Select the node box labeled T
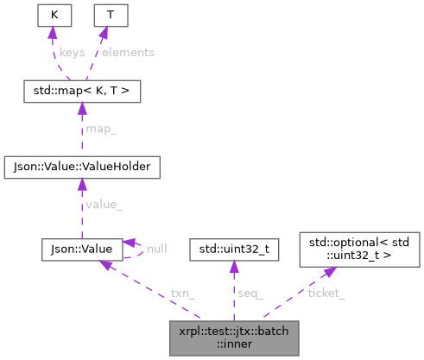109,15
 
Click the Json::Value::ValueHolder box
79,163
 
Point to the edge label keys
72,52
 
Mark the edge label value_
103,205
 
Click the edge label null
156,248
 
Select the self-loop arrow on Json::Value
136,249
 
